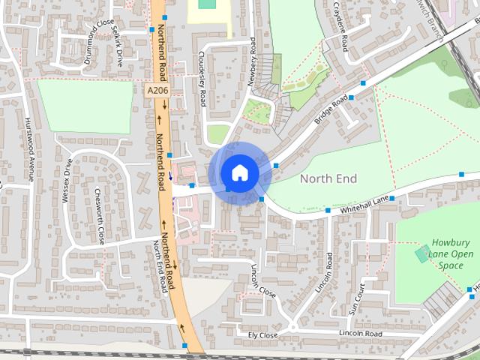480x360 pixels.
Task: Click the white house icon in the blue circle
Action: click(238, 172)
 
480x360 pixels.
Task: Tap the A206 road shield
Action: click(157, 90)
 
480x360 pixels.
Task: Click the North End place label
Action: click(328, 178)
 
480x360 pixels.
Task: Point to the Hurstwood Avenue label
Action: click(31, 149)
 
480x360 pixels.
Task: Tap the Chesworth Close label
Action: click(99, 215)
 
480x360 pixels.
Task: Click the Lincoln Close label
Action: click(263, 280)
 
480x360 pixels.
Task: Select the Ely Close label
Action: click(262, 334)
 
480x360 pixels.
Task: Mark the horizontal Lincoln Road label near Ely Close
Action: click(360, 333)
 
